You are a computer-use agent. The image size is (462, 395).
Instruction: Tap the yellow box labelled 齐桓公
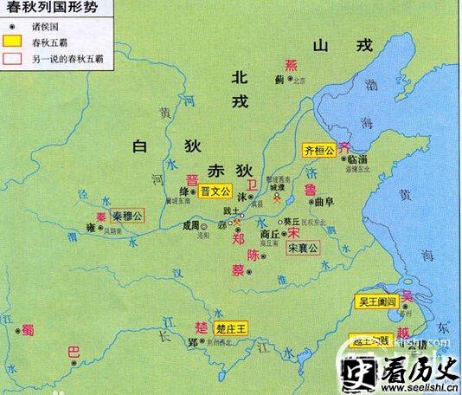coord(318,148)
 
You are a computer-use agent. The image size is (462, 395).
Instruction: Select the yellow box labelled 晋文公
coord(215,191)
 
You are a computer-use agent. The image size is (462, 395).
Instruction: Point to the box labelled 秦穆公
coord(127,214)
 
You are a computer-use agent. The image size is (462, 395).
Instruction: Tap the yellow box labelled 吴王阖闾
coord(377,302)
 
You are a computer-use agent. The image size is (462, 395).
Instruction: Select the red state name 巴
coord(73,353)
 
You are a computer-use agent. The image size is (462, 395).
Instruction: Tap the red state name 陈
coord(253,255)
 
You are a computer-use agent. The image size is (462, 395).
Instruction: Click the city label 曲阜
coord(324,202)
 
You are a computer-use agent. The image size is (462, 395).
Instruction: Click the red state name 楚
coord(201,327)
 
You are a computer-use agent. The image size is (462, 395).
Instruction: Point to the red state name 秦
coord(100,216)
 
